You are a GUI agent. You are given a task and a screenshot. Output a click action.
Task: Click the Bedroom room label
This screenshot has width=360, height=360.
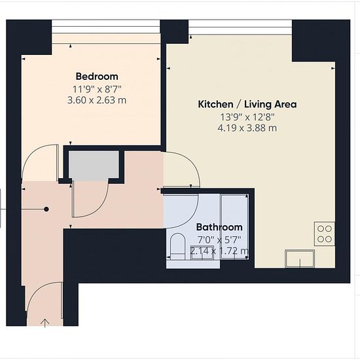click(97, 77)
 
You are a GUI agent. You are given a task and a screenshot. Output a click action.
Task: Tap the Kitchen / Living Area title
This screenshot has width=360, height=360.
click(247, 104)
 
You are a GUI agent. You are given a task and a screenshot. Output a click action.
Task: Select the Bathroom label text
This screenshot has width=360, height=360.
click(219, 227)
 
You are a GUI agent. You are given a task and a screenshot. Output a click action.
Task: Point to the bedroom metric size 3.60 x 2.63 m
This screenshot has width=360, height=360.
click(97, 100)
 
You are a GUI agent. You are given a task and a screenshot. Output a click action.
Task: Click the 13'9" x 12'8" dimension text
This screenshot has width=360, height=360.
click(247, 117)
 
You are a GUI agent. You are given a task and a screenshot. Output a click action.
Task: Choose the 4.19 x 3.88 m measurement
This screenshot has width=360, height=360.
click(247, 128)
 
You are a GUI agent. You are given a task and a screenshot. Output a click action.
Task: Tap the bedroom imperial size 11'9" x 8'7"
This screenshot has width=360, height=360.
click(97, 89)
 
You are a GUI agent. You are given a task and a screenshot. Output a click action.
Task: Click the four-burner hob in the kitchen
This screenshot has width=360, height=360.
click(325, 234)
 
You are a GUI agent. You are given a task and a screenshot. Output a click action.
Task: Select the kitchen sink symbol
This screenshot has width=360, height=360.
click(300, 259)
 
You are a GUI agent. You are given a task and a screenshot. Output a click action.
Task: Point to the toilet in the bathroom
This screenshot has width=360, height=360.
click(177, 246)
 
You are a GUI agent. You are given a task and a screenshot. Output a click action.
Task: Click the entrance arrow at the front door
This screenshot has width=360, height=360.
click(45, 323)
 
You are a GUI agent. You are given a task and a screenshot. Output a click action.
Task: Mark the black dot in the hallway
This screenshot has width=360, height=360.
click(46, 209)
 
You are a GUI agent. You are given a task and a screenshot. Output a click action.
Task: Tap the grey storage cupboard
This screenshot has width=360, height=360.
click(94, 166)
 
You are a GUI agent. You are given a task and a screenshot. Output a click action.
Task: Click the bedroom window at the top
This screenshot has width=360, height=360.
click(106, 27)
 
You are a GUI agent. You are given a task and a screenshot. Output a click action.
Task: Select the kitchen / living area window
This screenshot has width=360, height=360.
click(240, 27)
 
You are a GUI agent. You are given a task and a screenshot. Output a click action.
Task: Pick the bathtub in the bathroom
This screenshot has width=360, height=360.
click(234, 227)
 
